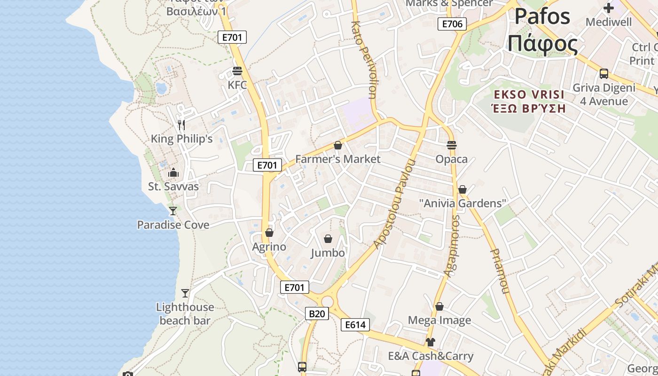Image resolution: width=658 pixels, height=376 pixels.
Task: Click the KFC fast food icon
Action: (x=237, y=71)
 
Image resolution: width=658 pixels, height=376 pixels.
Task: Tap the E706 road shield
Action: (x=452, y=24)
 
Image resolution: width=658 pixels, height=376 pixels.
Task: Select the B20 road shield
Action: (x=316, y=313)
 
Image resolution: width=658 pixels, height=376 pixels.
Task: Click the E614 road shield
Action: (x=355, y=325)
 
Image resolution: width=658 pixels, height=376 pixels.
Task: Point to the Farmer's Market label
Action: (x=337, y=159)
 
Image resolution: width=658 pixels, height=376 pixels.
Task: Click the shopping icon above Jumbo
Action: (x=328, y=239)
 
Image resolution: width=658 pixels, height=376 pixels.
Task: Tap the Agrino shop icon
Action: (x=269, y=233)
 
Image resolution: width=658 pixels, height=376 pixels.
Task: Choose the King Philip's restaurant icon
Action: (x=181, y=125)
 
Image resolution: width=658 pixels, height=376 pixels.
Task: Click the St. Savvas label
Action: (x=173, y=186)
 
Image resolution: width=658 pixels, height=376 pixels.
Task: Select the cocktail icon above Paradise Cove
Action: (x=173, y=211)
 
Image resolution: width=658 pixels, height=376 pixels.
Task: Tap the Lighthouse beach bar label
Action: (x=185, y=313)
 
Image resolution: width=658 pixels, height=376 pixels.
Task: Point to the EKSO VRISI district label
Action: (x=528, y=94)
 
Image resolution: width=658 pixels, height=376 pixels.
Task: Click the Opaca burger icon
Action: (x=452, y=145)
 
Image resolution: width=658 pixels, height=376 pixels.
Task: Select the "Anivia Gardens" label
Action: (x=463, y=203)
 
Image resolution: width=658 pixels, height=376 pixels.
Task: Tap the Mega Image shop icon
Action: (x=439, y=306)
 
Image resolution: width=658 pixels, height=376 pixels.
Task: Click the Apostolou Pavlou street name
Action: (x=395, y=204)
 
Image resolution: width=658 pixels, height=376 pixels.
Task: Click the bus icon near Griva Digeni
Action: (x=604, y=74)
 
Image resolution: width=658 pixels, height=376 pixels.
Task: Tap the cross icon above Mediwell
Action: (x=609, y=8)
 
